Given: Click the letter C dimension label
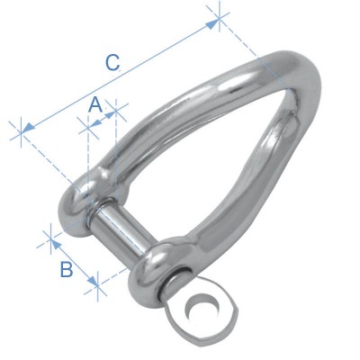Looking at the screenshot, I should (x=112, y=63).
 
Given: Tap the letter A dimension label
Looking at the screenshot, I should (x=94, y=105).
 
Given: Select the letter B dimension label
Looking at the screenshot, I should (x=66, y=269).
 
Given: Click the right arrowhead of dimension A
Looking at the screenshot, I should (x=112, y=113).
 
